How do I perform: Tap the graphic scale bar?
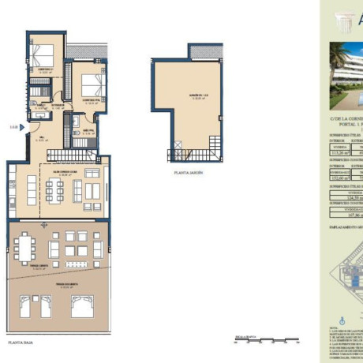260,342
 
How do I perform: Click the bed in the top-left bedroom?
43,56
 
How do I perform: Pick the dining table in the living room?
56,189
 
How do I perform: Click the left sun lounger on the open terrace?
39,306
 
